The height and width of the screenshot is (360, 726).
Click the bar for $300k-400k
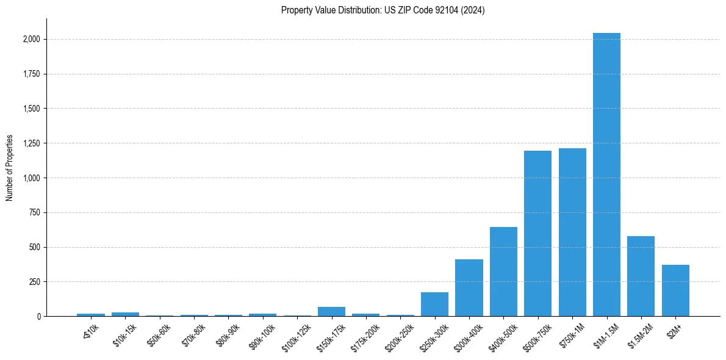(469, 287)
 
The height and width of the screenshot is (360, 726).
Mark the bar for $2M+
(675, 290)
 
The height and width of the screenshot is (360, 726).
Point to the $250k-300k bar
(434, 304)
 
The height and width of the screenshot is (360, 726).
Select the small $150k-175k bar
(331, 311)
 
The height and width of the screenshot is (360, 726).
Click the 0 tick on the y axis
(38, 316)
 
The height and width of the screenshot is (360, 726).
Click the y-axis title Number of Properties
(10, 167)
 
